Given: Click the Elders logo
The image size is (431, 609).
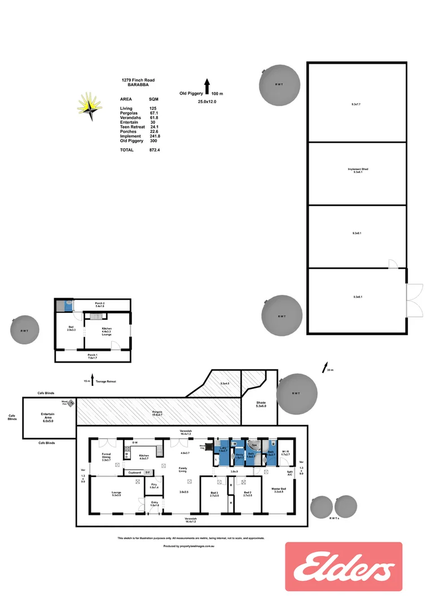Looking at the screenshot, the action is tap(344, 571).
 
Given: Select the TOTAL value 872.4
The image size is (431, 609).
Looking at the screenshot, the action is tap(149, 150).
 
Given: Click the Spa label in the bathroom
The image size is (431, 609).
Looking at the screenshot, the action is tap(254, 445).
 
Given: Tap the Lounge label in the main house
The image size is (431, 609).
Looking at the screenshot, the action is tap(117, 493).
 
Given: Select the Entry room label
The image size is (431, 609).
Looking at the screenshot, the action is tap(155, 504).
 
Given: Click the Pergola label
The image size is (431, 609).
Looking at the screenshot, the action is tap(157, 412).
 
